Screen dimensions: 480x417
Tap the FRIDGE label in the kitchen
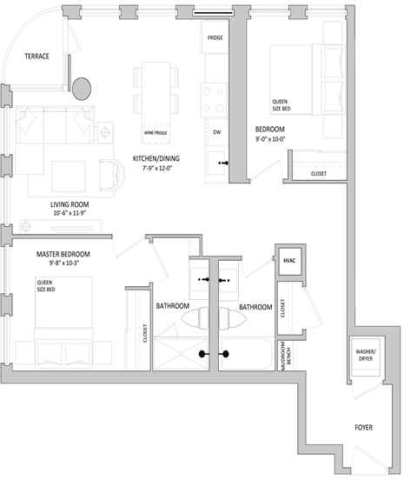(x=216, y=39)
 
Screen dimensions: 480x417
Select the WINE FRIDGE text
(x=156, y=132)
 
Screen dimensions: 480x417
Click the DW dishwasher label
(x=216, y=131)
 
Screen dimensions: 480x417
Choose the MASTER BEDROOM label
(x=63, y=254)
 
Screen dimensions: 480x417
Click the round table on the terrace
(x=83, y=88)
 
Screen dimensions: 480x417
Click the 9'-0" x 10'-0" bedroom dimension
(x=270, y=137)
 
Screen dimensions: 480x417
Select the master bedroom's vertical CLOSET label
(x=144, y=332)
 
